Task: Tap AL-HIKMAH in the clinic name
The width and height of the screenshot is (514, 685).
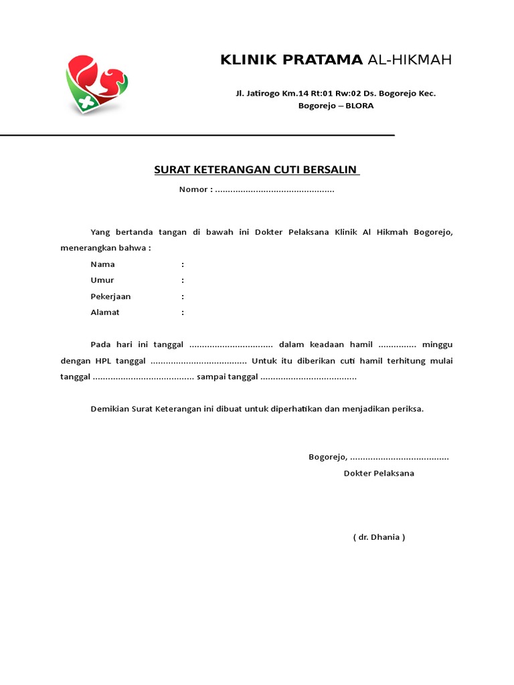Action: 410,60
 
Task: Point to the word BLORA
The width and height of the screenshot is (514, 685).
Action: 359,106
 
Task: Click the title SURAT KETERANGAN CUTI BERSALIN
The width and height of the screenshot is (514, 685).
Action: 256,170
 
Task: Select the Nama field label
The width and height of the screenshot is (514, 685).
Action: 102,264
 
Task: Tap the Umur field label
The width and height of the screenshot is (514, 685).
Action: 102,280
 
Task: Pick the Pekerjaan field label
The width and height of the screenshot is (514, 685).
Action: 110,296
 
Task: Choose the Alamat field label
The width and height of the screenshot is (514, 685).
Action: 105,312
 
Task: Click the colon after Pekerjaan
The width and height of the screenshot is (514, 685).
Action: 183,296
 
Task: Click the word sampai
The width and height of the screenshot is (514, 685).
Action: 212,377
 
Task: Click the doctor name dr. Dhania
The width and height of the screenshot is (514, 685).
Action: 379,537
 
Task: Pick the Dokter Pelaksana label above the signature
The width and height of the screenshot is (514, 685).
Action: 379,474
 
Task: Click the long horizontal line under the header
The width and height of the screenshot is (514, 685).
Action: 197,135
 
